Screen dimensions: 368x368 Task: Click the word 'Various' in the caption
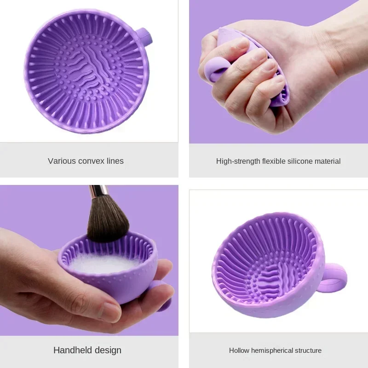[61, 161]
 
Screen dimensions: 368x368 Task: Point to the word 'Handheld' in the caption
[73, 350]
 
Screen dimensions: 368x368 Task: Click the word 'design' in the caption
[108, 350]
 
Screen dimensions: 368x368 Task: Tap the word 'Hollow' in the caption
[239, 351]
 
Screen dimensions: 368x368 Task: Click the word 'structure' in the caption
[308, 351]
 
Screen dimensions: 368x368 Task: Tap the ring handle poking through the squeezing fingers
[216, 69]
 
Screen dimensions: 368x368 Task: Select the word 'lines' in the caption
[115, 161]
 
